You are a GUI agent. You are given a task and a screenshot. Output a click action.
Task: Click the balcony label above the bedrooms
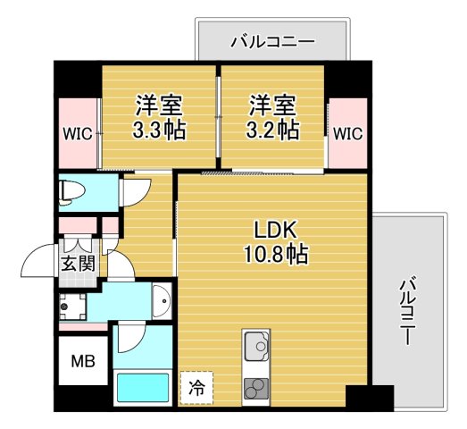coord(271,40)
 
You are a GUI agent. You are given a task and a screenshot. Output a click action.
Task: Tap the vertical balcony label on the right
coord(408,312)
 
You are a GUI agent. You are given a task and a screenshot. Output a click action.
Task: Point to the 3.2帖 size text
coord(272,130)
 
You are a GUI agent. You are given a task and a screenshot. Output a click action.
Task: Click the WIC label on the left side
coord(78,135)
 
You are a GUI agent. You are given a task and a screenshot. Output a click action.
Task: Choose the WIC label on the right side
coord(347,134)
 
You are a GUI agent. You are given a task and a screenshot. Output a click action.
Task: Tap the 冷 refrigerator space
coord(196,389)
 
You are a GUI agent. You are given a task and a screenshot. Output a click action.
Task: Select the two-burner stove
coord(255,388)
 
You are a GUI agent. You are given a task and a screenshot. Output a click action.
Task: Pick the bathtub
coord(145,390)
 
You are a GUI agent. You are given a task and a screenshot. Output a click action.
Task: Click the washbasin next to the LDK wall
coord(161,300)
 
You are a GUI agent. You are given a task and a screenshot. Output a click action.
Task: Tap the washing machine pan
coord(74,307)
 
